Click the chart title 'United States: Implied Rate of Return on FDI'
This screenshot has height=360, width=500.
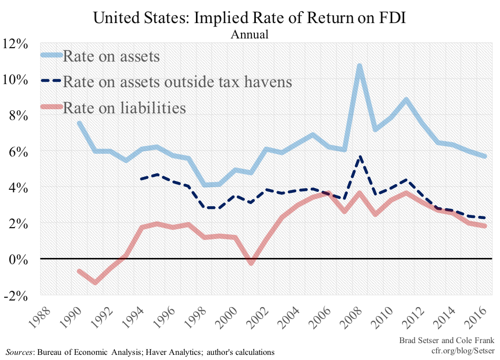250,18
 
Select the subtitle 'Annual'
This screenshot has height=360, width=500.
250,35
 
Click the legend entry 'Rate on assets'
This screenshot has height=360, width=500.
111,56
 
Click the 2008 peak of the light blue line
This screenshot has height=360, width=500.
359,66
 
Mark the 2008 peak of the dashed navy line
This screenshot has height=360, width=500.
360,157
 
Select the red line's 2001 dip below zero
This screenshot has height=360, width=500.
251,263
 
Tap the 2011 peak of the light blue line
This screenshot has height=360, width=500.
406,99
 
